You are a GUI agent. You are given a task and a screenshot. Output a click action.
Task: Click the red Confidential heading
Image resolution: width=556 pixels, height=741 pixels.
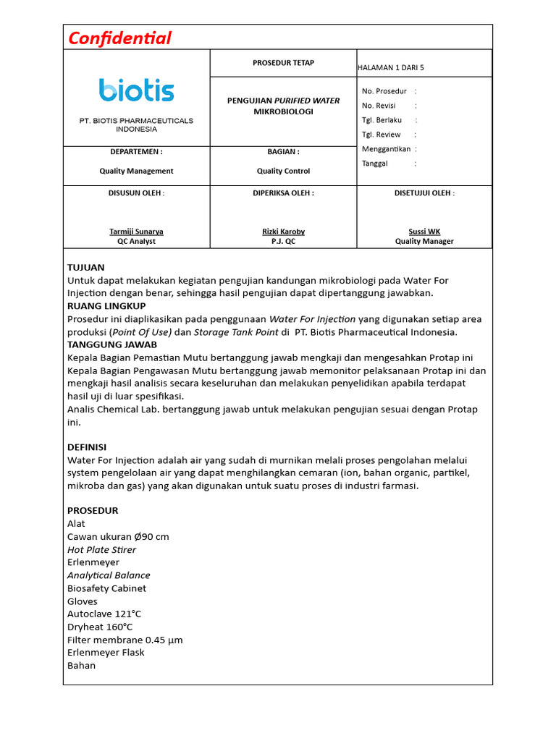click(x=119, y=38)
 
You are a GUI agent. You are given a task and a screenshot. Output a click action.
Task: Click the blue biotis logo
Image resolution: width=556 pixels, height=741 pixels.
click(x=136, y=90)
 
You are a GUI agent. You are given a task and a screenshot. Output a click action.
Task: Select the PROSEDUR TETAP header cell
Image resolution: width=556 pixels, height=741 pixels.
click(x=283, y=63)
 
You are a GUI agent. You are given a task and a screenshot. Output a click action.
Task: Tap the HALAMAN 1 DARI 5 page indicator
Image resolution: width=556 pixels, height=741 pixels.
click(x=391, y=67)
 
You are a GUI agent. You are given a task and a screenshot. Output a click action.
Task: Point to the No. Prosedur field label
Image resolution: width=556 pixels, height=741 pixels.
click(x=384, y=91)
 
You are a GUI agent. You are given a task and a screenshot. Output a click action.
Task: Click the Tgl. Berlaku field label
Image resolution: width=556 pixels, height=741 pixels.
click(x=382, y=120)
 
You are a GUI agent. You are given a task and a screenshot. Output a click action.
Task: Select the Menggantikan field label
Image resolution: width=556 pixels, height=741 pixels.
click(x=386, y=149)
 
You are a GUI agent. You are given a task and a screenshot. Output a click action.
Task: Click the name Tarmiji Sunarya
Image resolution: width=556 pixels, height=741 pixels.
click(x=136, y=232)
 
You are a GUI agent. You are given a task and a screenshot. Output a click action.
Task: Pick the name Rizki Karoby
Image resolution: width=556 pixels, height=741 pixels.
click(x=283, y=232)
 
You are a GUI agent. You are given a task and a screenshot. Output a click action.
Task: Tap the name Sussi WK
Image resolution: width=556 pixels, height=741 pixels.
click(x=424, y=232)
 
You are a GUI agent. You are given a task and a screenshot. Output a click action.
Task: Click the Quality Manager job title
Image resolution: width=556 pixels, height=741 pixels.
click(x=424, y=242)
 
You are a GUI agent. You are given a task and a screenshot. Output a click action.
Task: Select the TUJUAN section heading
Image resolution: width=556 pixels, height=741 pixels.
click(x=86, y=267)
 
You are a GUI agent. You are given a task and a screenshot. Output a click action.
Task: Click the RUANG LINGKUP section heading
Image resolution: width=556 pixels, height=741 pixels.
click(x=106, y=306)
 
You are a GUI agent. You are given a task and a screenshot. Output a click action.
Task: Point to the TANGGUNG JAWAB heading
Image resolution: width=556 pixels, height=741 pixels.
click(x=111, y=344)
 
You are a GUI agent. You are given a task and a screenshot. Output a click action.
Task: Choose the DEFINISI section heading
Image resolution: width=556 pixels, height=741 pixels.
click(x=87, y=447)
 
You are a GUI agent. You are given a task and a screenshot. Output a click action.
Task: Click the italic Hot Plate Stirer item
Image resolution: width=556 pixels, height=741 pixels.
click(x=101, y=550)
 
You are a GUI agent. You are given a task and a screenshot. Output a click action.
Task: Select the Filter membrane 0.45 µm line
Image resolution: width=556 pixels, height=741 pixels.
click(x=125, y=640)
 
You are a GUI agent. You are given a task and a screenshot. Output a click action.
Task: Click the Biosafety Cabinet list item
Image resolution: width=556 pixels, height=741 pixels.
click(x=106, y=588)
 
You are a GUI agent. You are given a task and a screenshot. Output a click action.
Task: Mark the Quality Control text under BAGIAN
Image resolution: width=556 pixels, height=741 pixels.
click(x=283, y=172)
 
